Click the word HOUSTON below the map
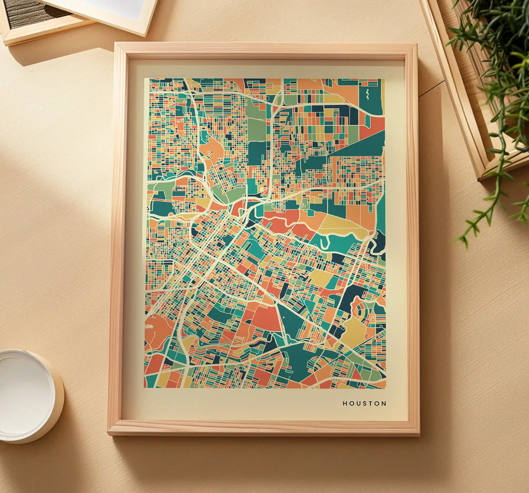point(364,404)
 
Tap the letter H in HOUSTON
point(345,404)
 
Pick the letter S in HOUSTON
point(364,404)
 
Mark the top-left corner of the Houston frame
point(115,44)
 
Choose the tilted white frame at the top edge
point(110,13)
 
